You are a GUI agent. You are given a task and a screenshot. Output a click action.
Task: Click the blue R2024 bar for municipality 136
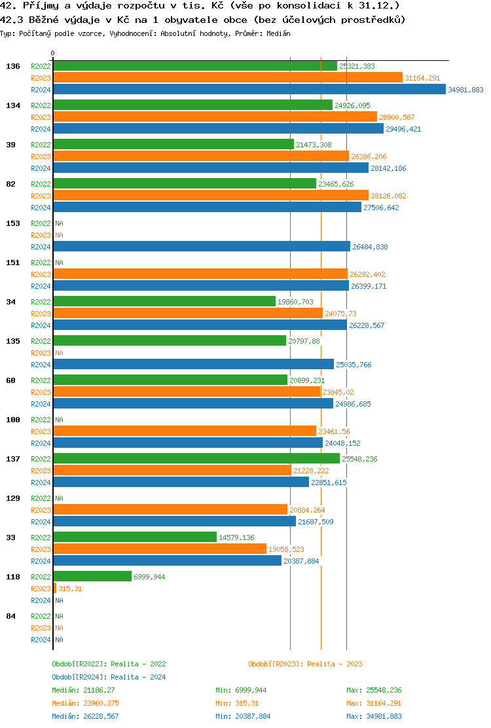click(249, 90)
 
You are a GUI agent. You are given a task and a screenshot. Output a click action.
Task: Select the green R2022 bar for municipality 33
click(134, 537)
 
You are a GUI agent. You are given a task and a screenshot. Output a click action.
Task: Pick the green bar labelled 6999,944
click(92, 576)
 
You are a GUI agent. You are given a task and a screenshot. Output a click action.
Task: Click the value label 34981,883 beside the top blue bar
click(466, 90)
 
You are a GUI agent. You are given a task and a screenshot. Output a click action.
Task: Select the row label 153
click(12, 223)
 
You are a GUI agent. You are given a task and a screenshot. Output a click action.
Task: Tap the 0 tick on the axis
click(53, 53)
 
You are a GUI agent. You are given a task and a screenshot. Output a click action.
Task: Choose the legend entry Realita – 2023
click(305, 664)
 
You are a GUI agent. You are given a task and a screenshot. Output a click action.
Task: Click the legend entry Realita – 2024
click(109, 677)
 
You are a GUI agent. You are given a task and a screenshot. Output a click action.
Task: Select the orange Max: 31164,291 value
click(374, 703)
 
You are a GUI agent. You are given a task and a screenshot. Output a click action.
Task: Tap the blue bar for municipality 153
click(201, 246)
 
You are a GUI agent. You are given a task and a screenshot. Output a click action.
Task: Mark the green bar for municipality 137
click(196, 458)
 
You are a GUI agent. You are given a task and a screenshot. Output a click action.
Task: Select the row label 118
click(12, 577)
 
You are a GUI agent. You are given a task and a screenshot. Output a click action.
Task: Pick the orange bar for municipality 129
click(170, 509)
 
